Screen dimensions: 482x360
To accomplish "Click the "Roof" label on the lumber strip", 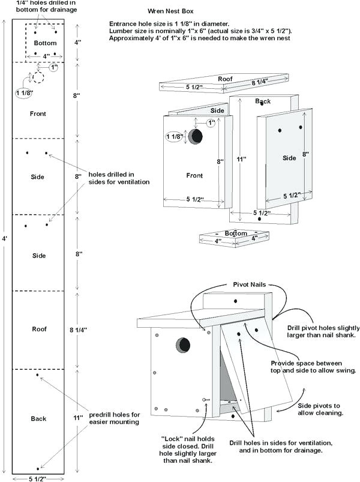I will point(39,329).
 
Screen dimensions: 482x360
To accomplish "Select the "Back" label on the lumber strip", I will point(39,418).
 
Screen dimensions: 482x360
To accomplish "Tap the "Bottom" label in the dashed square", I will point(45,43).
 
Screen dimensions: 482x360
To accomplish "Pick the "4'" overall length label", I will point(5,238).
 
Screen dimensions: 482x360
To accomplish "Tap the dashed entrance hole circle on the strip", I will point(39,77).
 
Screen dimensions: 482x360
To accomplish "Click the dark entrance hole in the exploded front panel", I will point(195,137).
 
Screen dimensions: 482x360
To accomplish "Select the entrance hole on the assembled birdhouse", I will point(182,345).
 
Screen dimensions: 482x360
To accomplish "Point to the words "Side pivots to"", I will point(320,405).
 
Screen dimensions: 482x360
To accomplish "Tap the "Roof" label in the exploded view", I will point(225,79).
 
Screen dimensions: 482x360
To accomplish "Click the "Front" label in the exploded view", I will point(194,176).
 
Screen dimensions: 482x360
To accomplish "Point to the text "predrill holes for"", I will point(115,414).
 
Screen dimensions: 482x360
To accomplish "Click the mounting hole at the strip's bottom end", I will point(38,468).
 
